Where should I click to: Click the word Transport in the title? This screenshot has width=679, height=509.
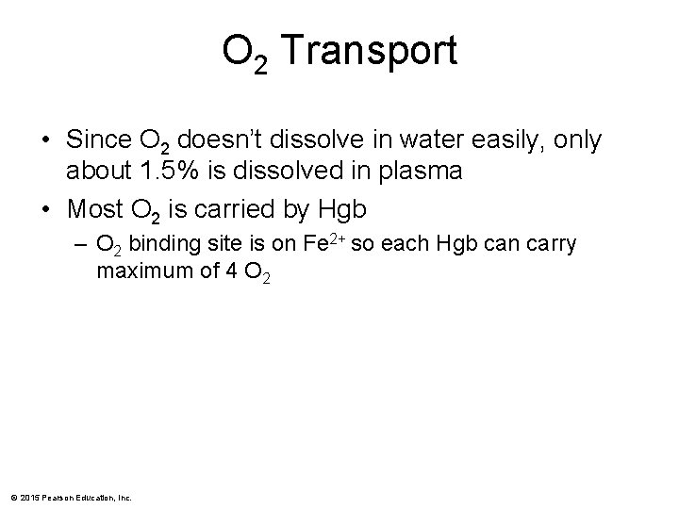tap(369, 51)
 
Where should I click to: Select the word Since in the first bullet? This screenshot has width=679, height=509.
tap(99, 140)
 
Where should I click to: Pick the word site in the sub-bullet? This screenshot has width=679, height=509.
tap(217, 247)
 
